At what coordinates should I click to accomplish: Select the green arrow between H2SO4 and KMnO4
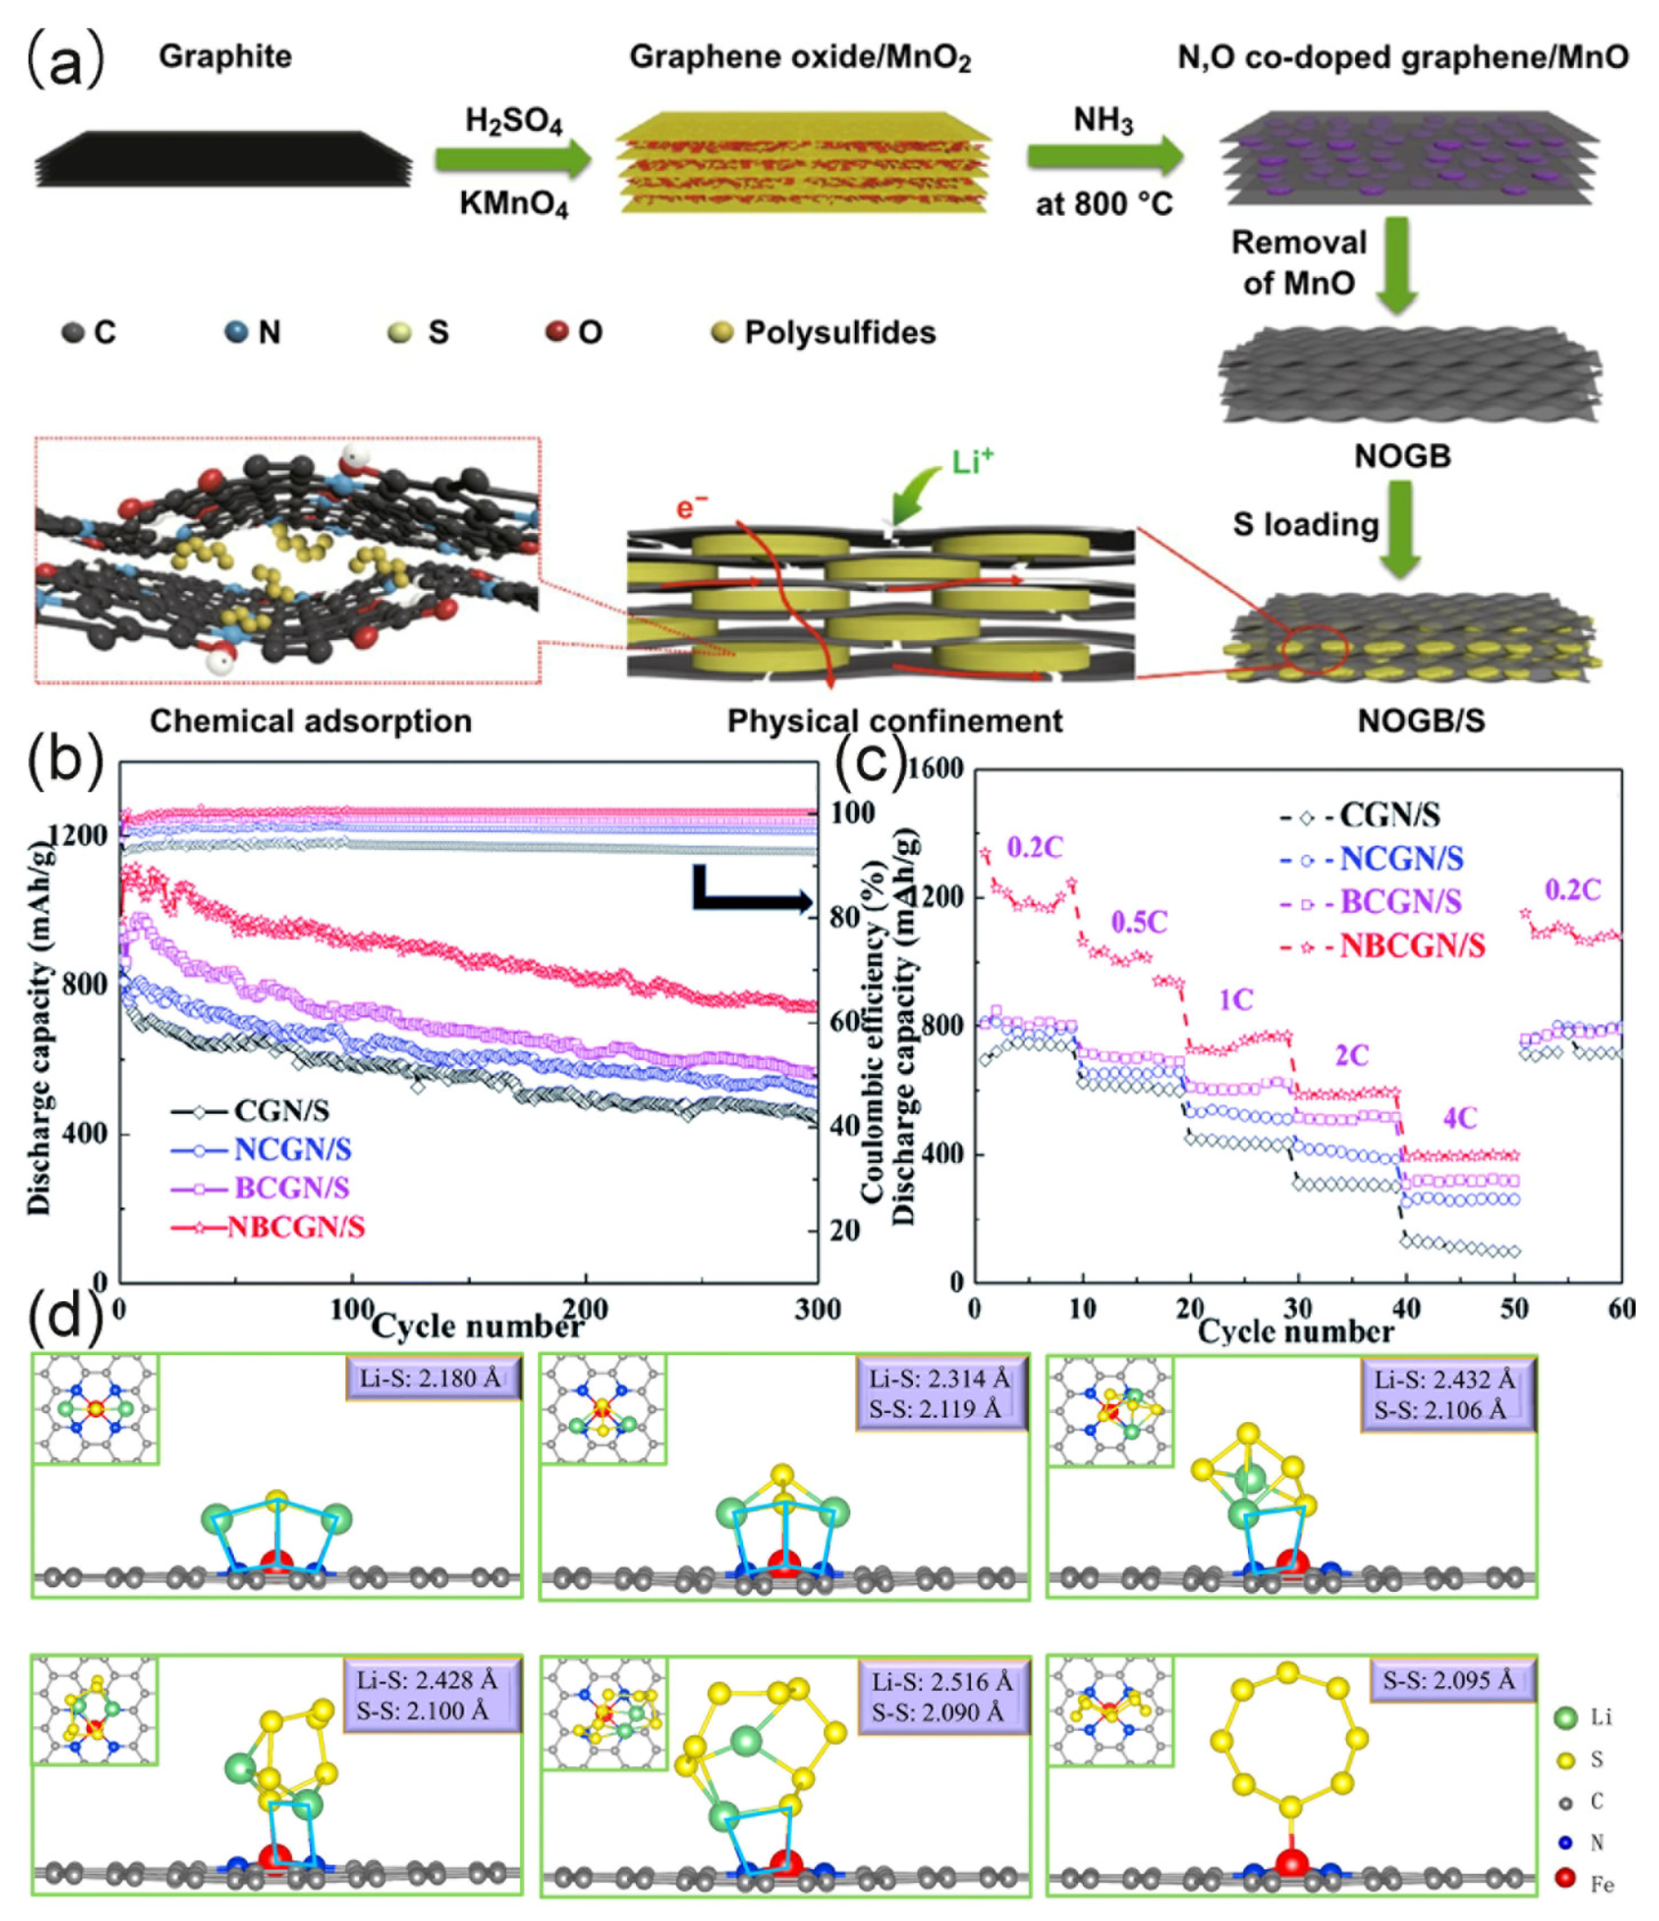512,160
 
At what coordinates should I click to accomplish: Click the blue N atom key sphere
237,331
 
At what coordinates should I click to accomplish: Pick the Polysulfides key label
839,332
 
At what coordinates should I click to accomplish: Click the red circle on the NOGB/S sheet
1314,650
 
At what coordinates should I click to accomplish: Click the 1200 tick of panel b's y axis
78,835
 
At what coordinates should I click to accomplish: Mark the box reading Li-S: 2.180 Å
432,1379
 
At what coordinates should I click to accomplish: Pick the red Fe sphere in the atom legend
1566,1878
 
